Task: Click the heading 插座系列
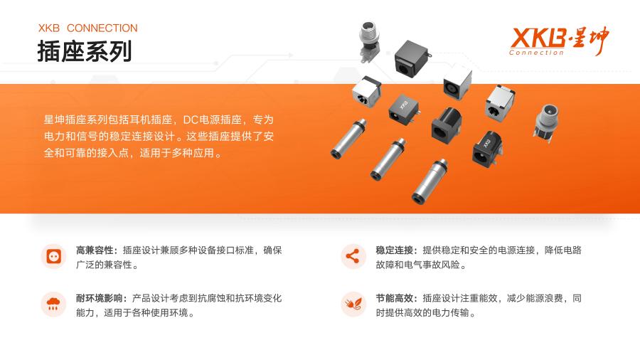(x=85, y=51)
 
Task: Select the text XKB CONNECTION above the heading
(x=87, y=28)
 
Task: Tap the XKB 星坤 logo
(x=559, y=41)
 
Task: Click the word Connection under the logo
(x=536, y=53)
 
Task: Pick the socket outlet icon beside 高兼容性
(x=54, y=256)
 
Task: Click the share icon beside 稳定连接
(x=353, y=256)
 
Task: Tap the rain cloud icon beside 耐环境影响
(x=53, y=304)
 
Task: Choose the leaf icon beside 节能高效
(x=353, y=304)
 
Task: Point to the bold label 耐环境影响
(x=99, y=298)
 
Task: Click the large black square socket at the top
(x=412, y=58)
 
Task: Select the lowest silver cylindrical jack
(x=430, y=181)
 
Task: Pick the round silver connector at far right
(x=547, y=122)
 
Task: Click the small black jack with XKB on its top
(x=403, y=110)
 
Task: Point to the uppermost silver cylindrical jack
(x=348, y=138)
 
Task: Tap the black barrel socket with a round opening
(x=447, y=125)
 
